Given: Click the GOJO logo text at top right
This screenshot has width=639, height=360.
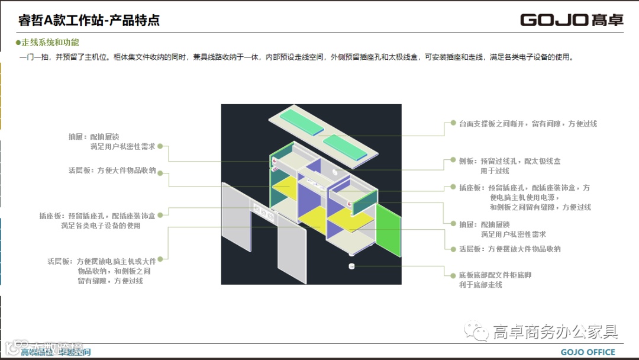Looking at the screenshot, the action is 571,20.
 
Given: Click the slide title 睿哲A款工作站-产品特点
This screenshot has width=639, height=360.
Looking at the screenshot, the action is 89,20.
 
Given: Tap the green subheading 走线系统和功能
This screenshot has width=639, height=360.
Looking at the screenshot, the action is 50,43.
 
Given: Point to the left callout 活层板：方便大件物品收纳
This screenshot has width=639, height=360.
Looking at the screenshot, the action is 112,171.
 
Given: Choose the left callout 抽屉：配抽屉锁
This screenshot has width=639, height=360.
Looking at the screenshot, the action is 112,142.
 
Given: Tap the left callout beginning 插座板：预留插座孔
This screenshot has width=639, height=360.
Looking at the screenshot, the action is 97,221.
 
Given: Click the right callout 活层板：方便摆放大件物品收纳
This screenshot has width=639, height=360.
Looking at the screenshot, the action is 509,249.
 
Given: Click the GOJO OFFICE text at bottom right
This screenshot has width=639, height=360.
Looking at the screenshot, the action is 588,352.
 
